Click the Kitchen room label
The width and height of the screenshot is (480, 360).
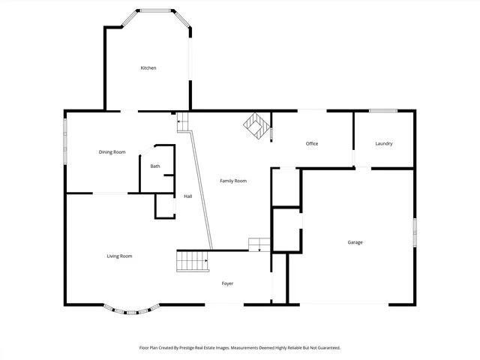(148, 68)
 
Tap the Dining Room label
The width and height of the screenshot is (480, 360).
(112, 152)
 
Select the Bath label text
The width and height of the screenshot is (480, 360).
(155, 166)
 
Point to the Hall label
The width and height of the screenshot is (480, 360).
(188, 196)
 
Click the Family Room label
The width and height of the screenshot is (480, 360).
(232, 181)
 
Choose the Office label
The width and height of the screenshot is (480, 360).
(313, 143)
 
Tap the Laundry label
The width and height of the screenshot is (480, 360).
(384, 143)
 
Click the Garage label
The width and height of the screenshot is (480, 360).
(355, 242)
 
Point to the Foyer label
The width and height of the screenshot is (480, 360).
(227, 283)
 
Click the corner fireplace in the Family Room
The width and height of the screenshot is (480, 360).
(256, 125)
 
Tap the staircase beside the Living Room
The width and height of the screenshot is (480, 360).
(192, 261)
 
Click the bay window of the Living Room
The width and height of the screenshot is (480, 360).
(131, 308)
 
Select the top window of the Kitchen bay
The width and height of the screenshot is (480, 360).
(156, 10)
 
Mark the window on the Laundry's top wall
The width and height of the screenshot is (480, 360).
(383, 111)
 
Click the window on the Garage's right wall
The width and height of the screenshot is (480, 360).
(414, 231)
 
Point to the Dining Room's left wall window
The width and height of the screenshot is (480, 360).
(65, 139)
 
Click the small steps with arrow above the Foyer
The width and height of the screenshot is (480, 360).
(259, 244)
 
